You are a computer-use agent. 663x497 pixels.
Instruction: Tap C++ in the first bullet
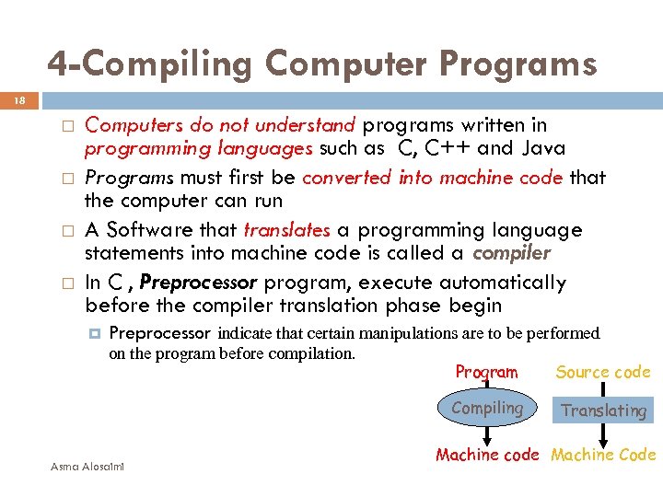[446, 148]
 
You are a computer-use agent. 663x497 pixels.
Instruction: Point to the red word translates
[286, 230]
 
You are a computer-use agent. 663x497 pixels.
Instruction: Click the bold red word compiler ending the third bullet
[511, 253]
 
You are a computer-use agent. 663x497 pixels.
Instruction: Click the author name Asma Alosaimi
[90, 466]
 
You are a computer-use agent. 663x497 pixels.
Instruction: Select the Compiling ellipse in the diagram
[487, 409]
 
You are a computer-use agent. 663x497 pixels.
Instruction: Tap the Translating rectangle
[604, 410]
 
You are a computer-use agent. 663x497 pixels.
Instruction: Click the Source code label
[603, 372]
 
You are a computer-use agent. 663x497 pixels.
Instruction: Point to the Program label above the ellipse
[486, 372]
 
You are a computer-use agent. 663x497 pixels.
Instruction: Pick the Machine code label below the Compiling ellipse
[486, 455]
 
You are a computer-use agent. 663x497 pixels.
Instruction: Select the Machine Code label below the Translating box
[603, 455]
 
